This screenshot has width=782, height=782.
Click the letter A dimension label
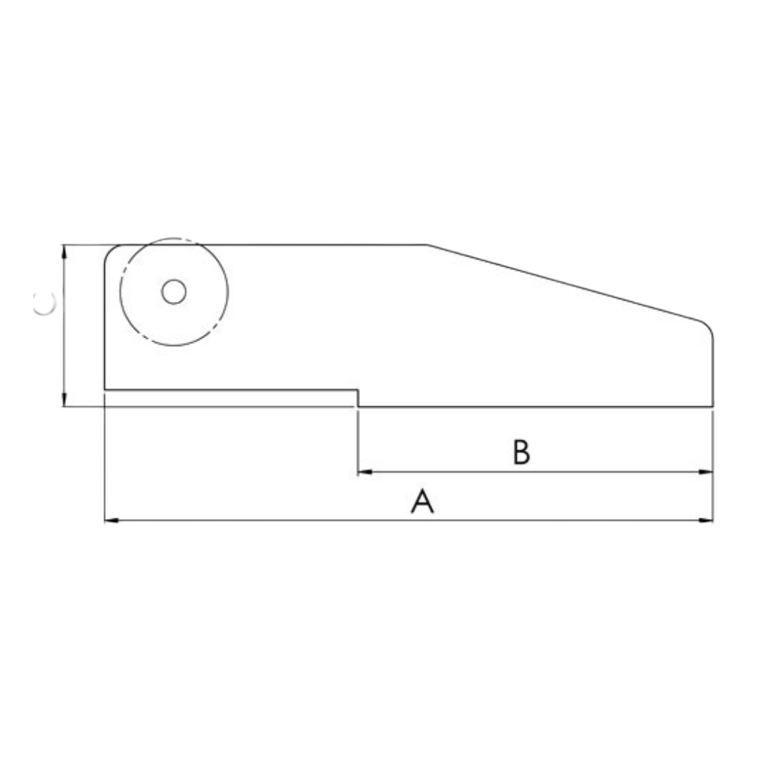click(x=422, y=501)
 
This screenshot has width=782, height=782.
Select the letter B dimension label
click(x=521, y=452)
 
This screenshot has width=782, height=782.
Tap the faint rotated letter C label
click(x=45, y=304)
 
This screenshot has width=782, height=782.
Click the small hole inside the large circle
click(x=174, y=292)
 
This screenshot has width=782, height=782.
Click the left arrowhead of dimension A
click(x=111, y=521)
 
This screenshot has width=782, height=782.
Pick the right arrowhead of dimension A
click(x=707, y=521)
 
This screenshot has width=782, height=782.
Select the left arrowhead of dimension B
click(x=364, y=472)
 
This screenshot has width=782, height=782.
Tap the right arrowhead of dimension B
click(x=707, y=472)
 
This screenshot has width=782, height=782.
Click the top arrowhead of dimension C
click(x=64, y=251)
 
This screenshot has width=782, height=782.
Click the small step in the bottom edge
click(x=358, y=398)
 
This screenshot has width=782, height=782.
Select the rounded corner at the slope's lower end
click(x=707, y=327)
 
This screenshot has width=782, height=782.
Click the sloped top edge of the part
click(x=565, y=282)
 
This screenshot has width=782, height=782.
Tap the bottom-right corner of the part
click(x=713, y=407)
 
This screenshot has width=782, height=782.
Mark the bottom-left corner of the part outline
click(x=105, y=390)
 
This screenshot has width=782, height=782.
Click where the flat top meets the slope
click(x=427, y=245)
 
